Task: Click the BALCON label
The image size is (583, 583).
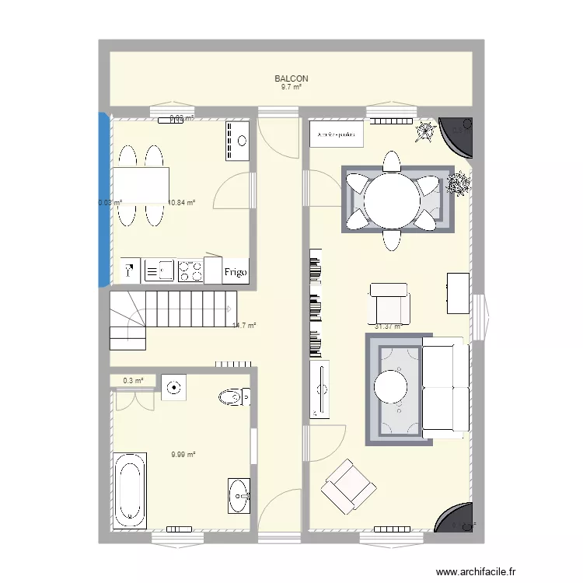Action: [x=291, y=79]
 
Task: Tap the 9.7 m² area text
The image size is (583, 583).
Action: [x=291, y=87]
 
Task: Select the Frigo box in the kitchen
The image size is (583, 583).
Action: [x=236, y=272]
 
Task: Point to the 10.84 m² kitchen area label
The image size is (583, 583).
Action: [x=182, y=203]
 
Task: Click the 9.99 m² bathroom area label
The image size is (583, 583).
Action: [x=183, y=456]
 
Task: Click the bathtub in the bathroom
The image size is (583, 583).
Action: [x=130, y=487]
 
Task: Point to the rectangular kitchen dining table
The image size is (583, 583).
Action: [x=141, y=186]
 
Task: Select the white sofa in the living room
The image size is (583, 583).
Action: [x=445, y=386]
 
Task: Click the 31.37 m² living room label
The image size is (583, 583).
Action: [x=388, y=326]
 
